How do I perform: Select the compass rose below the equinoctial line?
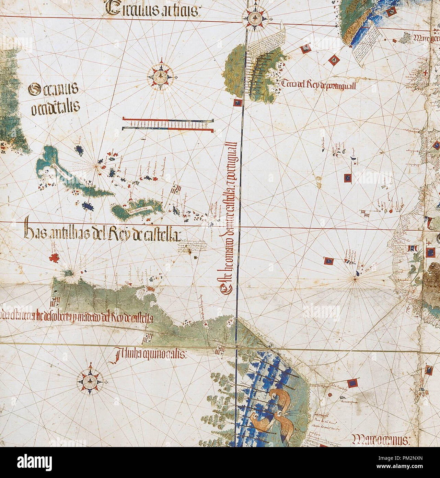pyautogui.click(x=90, y=380)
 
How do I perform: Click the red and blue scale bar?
pyautogui.click(x=168, y=124)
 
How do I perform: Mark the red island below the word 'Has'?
pyautogui.click(x=54, y=257)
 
